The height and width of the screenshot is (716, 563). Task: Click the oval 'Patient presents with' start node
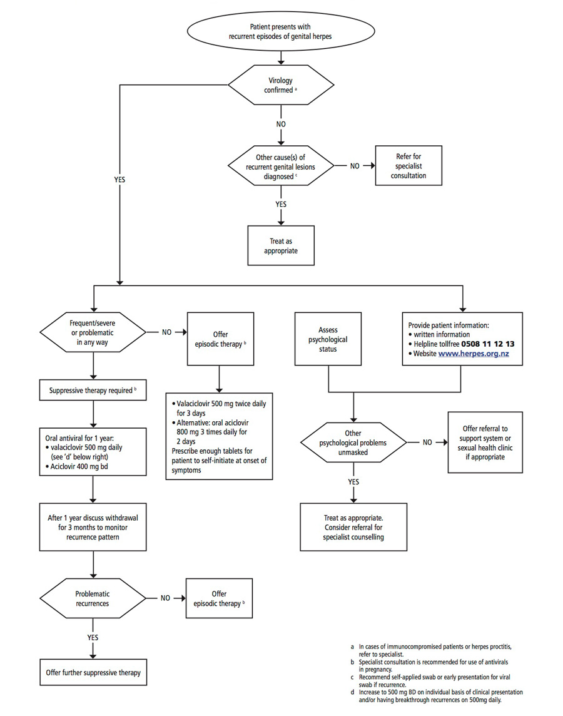280,32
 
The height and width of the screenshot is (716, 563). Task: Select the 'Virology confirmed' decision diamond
280,85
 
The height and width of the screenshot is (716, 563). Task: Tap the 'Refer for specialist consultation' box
408,165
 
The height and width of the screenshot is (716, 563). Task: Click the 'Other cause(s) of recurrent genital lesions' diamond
280,166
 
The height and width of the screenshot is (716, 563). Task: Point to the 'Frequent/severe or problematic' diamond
93,332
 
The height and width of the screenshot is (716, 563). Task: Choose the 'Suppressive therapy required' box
93,390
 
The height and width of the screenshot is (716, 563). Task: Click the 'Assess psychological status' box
328,339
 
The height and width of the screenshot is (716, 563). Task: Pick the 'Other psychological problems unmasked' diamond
353,442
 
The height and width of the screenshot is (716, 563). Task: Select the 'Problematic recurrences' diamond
93,598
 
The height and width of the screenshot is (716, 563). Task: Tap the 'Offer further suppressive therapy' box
93,673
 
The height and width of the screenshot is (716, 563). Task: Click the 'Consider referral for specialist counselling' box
353,528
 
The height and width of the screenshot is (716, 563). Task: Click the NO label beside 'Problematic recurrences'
165,598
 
